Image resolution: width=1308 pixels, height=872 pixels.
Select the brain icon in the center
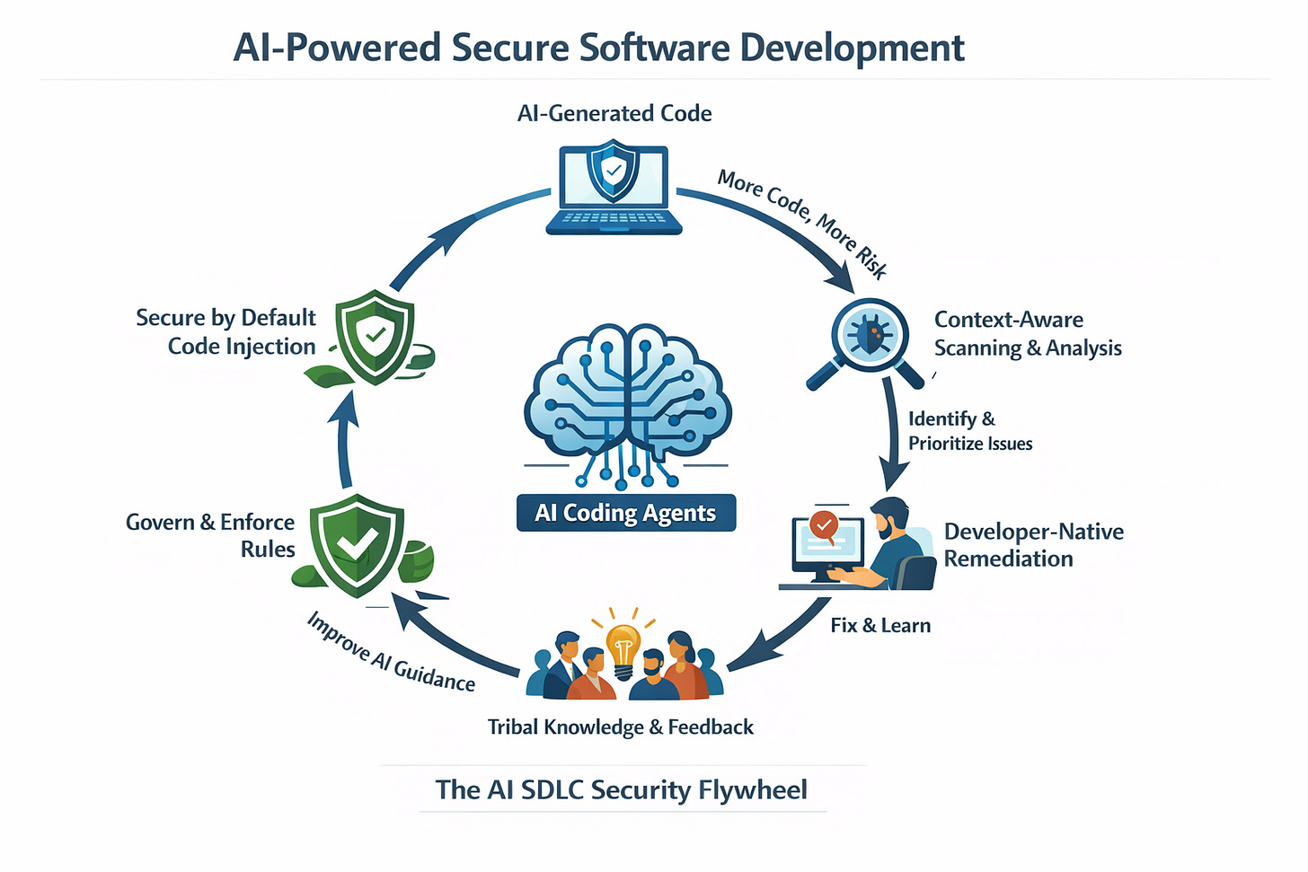coord(627,395)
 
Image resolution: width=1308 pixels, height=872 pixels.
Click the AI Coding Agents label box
coord(626,513)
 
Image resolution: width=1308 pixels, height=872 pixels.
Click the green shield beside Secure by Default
coord(375,337)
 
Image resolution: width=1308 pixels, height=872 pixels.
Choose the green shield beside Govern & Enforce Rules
coord(358,543)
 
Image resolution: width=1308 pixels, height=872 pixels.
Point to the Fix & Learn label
coord(880,625)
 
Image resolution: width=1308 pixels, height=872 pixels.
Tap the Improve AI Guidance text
coord(391,653)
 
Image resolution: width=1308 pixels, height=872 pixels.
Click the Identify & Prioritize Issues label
coord(969,430)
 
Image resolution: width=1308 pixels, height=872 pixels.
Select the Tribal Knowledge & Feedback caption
coord(621,727)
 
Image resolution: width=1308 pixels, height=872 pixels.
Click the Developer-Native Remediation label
coord(1033,544)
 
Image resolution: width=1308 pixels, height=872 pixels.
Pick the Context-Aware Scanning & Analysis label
coord(1028,333)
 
